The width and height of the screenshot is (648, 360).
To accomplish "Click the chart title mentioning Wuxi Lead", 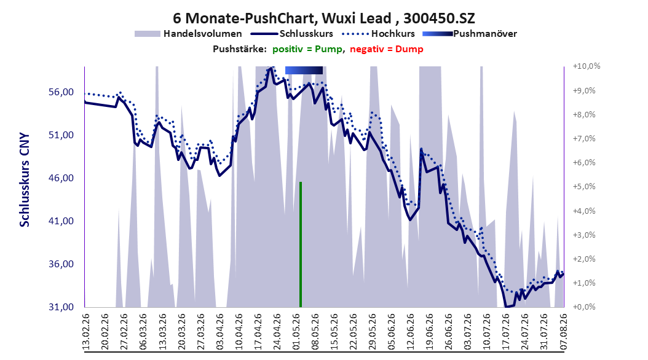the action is (323, 18).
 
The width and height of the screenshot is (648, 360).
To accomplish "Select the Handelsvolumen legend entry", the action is (189, 34).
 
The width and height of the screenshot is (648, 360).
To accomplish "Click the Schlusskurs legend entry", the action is (292, 34).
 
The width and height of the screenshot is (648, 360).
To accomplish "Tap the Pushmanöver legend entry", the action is (470, 34).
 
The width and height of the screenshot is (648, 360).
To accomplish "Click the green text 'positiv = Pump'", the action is (307, 49).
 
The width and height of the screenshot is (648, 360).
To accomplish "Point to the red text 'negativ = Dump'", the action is (387, 49).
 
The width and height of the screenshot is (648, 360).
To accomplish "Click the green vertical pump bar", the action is (301, 245).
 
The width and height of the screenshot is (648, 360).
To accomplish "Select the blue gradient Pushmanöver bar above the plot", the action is (304, 70).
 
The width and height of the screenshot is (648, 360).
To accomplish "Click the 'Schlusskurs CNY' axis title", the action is (25, 180).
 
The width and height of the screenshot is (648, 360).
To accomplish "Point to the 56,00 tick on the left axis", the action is (61, 92).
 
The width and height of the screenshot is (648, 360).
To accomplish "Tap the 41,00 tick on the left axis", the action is (61, 221).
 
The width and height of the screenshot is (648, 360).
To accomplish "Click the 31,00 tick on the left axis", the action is (61, 307).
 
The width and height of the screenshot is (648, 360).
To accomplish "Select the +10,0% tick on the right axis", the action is (587, 66).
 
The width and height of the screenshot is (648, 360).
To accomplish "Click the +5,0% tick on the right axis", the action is (584, 187).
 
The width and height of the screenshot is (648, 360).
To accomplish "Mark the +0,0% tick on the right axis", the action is (584, 307).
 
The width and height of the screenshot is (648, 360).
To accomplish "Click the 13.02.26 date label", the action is (86, 332).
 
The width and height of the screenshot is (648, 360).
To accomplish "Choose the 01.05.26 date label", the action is (296, 332).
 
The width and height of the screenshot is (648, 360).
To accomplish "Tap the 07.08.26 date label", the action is (564, 332).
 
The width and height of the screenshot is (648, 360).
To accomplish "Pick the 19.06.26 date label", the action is (430, 332).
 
